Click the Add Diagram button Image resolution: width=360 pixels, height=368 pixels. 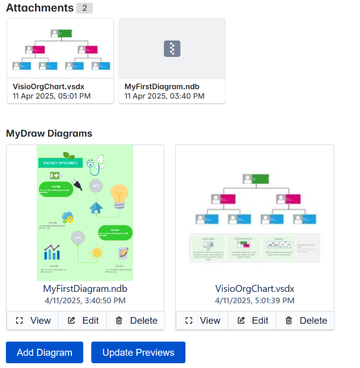[44, 352]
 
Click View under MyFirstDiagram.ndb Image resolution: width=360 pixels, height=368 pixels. [33, 321]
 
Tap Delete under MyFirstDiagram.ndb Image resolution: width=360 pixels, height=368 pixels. [136, 321]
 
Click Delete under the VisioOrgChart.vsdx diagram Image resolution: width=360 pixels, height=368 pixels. [305, 321]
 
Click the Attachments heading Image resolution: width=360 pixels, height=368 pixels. [39, 8]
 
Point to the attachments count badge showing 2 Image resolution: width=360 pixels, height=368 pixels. [84, 8]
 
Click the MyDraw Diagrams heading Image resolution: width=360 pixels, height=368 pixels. [49, 133]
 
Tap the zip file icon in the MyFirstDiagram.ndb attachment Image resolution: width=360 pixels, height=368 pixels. [172, 49]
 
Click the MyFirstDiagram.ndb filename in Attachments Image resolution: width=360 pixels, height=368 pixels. [162, 86]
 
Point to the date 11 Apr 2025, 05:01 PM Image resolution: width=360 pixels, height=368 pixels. [52, 96]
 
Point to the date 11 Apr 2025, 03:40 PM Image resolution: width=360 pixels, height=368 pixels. [164, 96]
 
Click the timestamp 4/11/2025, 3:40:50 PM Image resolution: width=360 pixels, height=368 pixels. [85, 300]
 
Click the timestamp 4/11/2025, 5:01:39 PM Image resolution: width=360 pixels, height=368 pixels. [254, 300]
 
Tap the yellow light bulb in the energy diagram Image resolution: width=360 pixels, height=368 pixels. [119, 195]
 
